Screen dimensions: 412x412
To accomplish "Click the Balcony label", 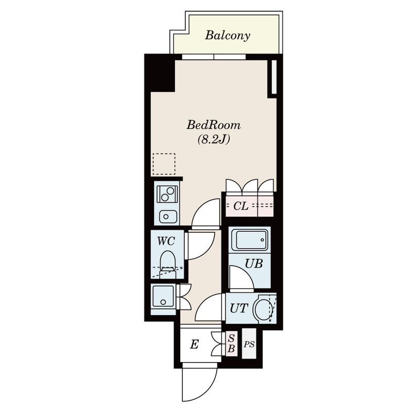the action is click(x=227, y=35).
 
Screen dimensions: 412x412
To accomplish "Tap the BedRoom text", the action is click(x=213, y=125).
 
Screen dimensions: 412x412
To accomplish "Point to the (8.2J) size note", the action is click(x=214, y=139).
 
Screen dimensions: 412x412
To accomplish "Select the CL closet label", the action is click(x=241, y=206).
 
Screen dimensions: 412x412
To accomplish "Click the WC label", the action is click(x=166, y=241).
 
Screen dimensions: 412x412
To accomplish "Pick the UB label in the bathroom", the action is click(x=253, y=264).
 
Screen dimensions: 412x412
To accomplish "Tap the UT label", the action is click(x=239, y=308).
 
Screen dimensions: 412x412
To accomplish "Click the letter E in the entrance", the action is click(x=194, y=344).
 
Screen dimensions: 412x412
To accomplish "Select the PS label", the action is click(x=249, y=344).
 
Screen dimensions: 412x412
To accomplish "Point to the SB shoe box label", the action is click(x=231, y=344).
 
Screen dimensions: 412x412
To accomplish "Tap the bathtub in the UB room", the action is click(x=250, y=240).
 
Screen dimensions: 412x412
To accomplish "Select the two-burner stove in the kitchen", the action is click(x=167, y=194).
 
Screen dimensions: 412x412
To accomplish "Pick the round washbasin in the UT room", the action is click(x=263, y=308).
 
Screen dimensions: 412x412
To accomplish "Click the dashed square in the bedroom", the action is click(x=164, y=164).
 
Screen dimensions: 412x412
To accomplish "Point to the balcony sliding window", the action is click(x=214, y=57).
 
